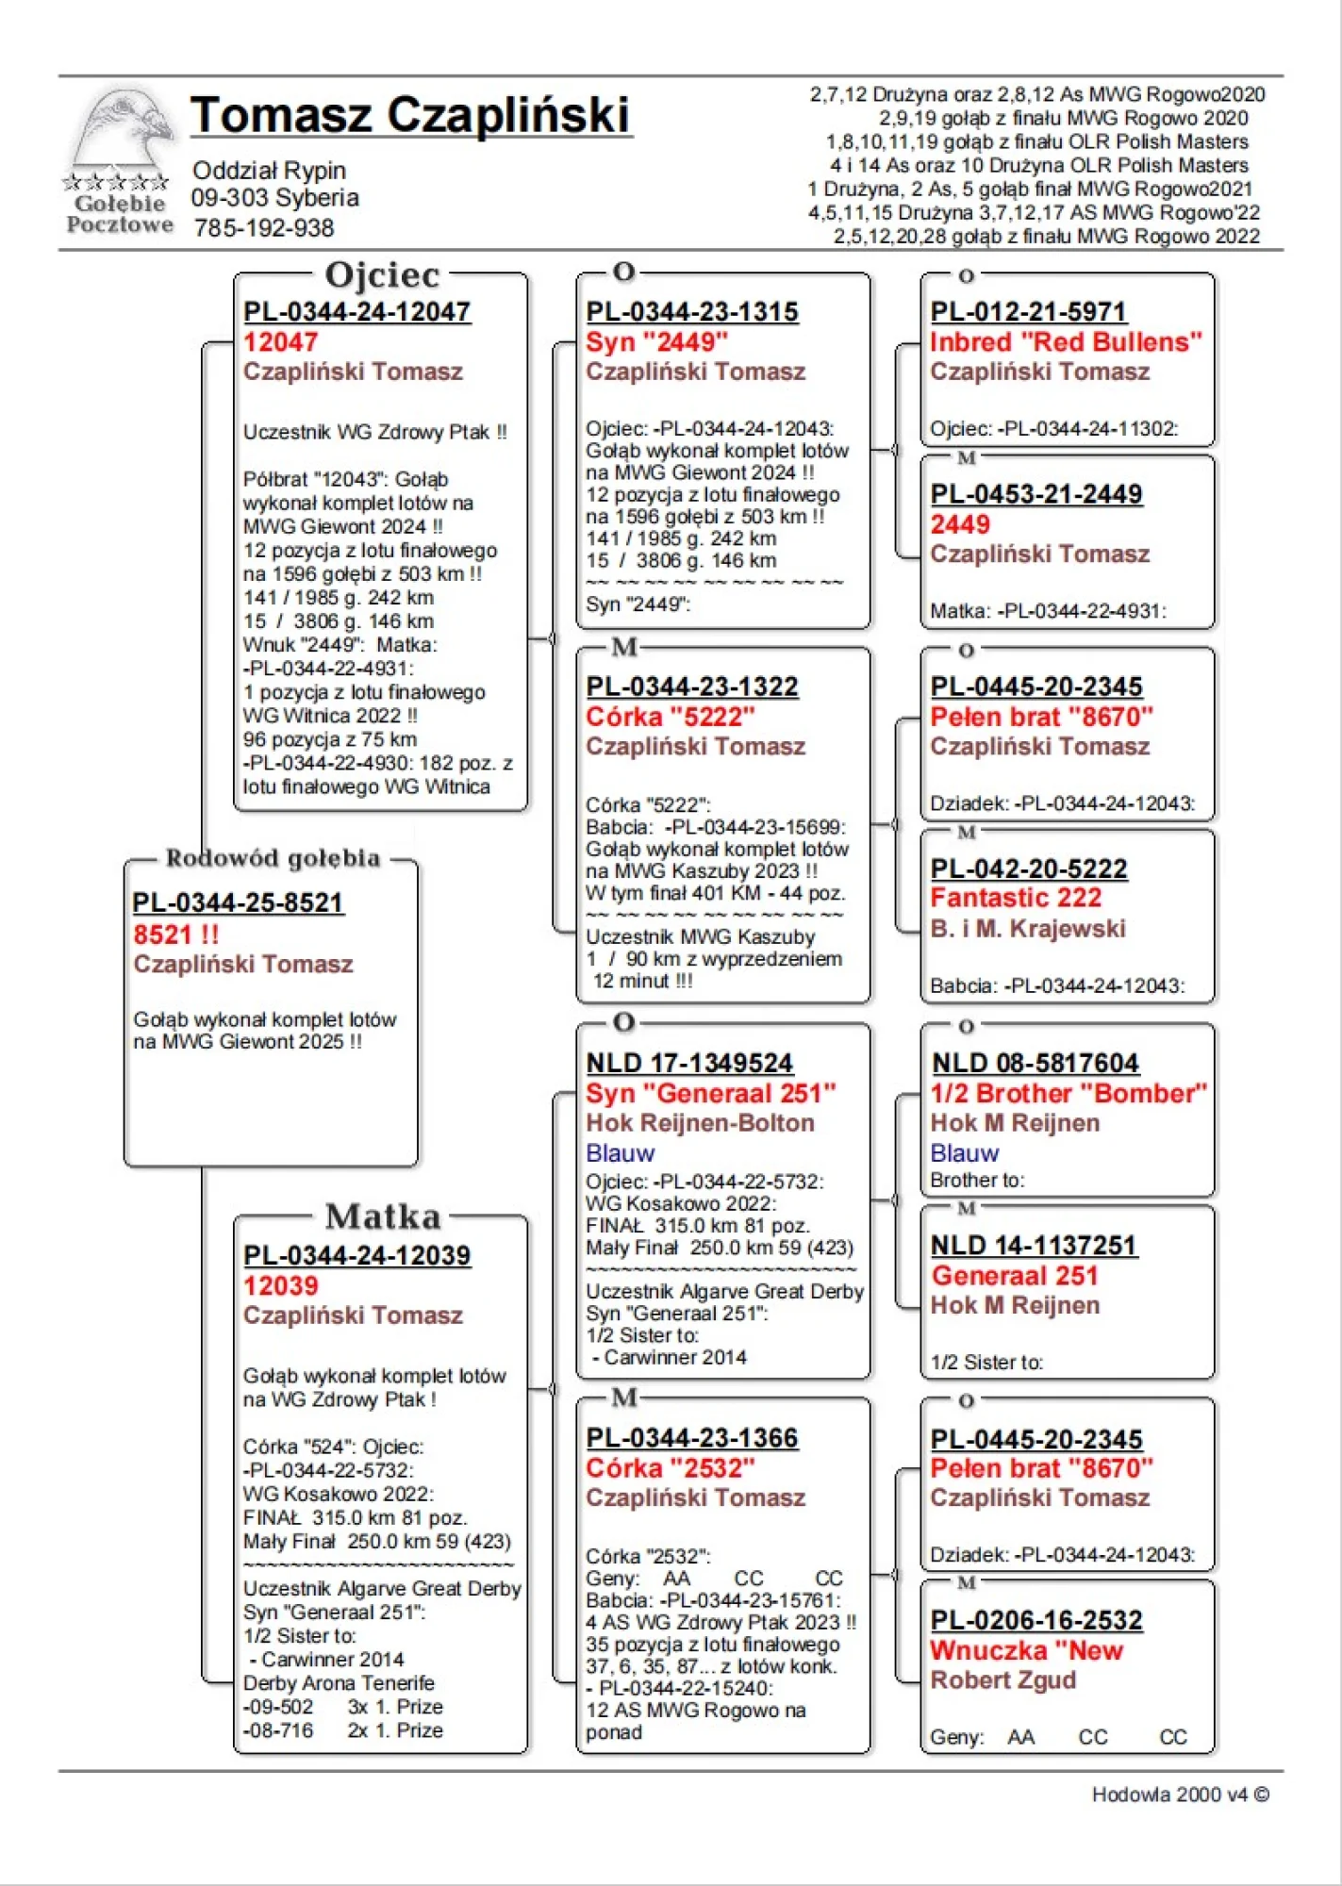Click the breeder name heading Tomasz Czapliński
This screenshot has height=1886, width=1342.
(x=410, y=116)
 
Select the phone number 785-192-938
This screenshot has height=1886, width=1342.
(x=264, y=228)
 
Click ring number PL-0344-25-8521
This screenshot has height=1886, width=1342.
(x=238, y=902)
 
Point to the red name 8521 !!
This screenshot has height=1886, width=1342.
(x=176, y=935)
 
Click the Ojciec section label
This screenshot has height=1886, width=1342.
(x=382, y=275)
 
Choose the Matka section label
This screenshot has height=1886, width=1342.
(x=383, y=1216)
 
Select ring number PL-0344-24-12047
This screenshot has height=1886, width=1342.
(x=356, y=311)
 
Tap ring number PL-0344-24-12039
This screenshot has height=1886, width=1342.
(x=356, y=1255)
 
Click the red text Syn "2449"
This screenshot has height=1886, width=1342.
(x=656, y=342)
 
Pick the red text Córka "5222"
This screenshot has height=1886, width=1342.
(x=670, y=717)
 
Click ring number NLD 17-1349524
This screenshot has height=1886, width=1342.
(x=689, y=1063)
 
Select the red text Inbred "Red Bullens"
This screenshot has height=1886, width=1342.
(x=1066, y=342)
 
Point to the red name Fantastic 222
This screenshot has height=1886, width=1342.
(x=1016, y=898)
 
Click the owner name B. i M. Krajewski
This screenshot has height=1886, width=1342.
(x=1028, y=929)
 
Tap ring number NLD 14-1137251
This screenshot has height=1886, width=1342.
(x=1034, y=1246)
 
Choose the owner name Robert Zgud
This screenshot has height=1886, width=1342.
(x=1002, y=1680)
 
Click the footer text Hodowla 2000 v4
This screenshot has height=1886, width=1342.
(x=1180, y=1795)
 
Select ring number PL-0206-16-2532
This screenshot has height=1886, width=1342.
(x=1036, y=1620)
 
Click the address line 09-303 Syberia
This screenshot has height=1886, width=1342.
(x=275, y=198)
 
